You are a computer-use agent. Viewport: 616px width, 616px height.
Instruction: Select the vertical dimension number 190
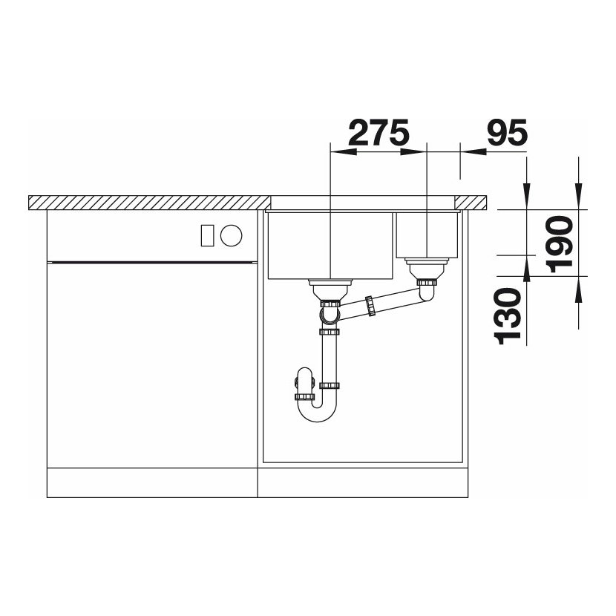(560, 244)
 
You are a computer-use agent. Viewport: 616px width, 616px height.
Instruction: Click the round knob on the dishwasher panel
(231, 235)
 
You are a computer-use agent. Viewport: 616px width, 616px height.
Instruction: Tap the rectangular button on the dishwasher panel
(207, 236)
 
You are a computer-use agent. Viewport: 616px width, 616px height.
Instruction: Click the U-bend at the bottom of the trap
(318, 413)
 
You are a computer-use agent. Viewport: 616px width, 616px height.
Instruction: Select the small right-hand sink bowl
(427, 235)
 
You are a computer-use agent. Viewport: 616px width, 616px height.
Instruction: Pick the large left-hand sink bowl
(330, 246)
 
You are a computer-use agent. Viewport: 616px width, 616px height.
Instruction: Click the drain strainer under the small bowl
(427, 267)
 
